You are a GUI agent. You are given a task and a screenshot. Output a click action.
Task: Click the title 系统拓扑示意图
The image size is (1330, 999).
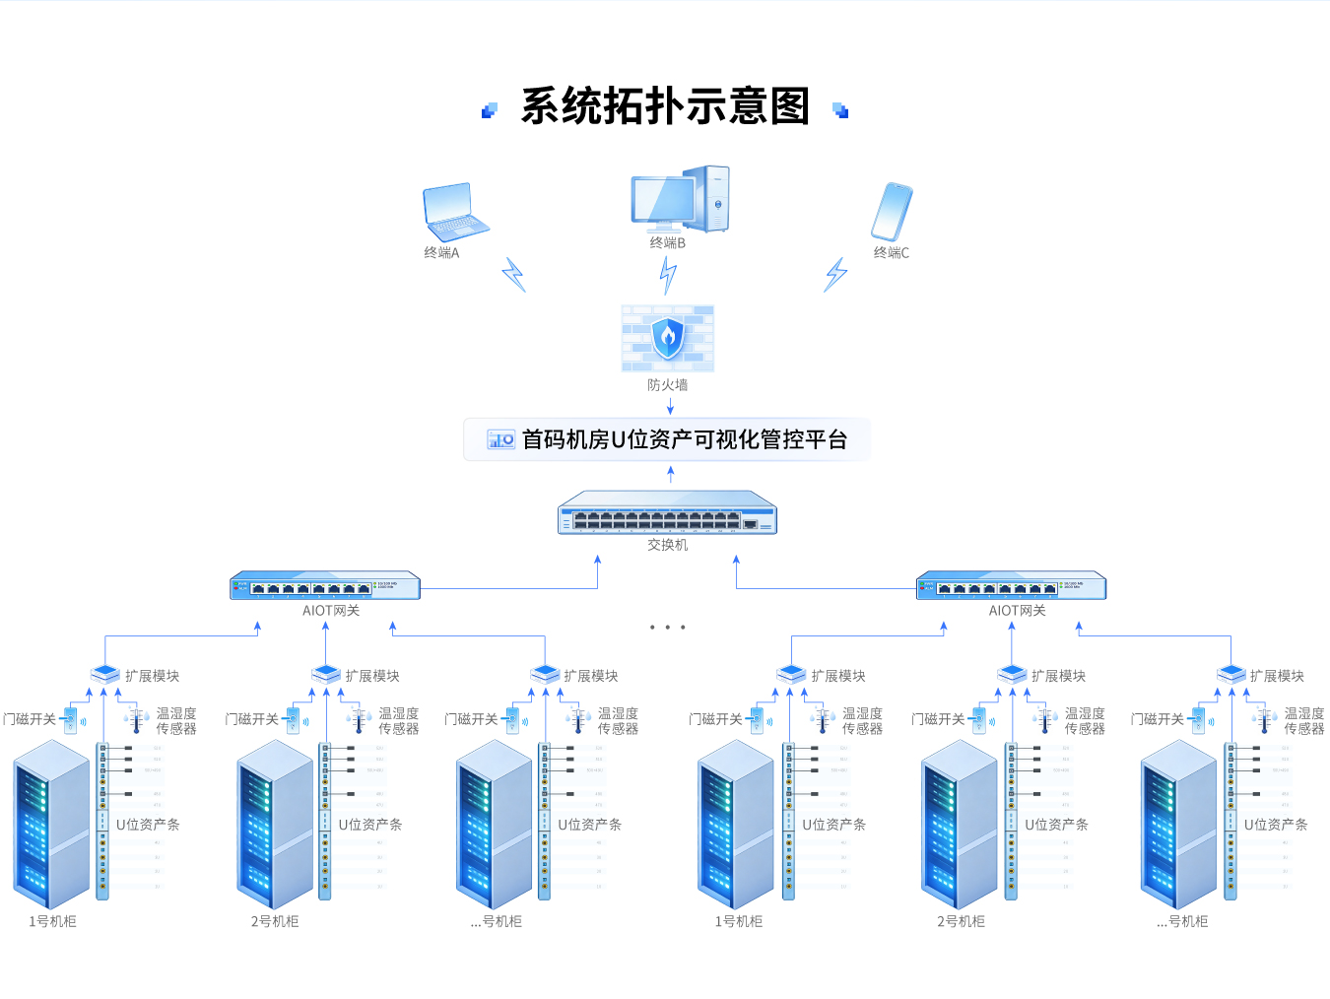pos(665,106)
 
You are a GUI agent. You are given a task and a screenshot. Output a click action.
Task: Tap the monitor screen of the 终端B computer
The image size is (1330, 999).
pos(662,200)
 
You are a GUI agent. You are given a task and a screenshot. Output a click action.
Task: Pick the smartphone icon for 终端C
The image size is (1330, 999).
pos(892,211)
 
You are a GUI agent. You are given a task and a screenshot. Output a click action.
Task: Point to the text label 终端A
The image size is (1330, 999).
pos(441,253)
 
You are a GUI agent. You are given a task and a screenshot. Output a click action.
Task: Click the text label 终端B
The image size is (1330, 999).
pos(667,243)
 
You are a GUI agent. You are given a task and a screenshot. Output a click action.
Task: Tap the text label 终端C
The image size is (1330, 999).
pos(892,253)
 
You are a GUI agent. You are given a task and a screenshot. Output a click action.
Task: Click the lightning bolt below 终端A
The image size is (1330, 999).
pos(513,274)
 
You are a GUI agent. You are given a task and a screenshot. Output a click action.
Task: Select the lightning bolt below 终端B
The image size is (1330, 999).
pos(668,275)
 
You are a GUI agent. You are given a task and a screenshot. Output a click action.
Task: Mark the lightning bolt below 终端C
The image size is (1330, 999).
pos(835,274)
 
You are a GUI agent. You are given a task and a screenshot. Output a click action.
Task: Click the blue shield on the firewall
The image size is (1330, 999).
pos(668,337)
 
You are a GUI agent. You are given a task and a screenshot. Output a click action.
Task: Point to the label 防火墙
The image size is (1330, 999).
pos(667,385)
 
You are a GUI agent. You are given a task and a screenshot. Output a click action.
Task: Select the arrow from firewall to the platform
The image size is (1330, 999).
pos(670,405)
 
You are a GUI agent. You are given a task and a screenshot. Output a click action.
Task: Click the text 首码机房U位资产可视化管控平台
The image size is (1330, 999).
pos(684,439)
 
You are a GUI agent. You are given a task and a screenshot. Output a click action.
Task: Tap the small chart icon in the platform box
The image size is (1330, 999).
pos(500,439)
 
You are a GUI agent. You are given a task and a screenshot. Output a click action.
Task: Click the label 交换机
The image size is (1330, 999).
pos(667,545)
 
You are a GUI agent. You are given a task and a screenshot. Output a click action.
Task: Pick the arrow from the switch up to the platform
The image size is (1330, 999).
pos(671,474)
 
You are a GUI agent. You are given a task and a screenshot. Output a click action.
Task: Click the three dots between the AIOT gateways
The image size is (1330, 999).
pos(667,627)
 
